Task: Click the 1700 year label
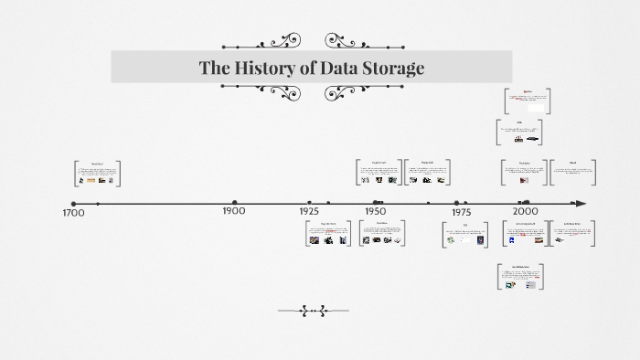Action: tap(73, 213)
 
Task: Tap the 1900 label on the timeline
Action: tap(234, 211)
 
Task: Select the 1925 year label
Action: tap(309, 211)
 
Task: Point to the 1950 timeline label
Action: tap(376, 211)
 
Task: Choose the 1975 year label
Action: tap(461, 211)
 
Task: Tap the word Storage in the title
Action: tap(389, 68)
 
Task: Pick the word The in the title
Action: tap(215, 68)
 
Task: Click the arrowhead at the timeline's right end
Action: tap(580, 203)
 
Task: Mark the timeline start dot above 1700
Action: tap(74, 204)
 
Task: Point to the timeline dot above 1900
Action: tap(235, 203)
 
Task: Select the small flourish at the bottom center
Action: tap(313, 311)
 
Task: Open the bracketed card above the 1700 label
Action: tap(97, 174)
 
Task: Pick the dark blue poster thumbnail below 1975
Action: tap(480, 241)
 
